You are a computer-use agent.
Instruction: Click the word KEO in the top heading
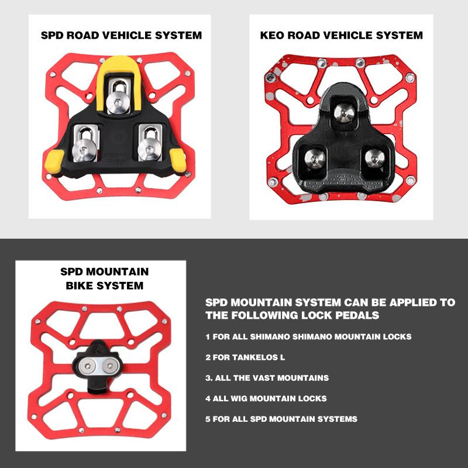[272, 35]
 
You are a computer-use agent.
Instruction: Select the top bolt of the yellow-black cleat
[118, 103]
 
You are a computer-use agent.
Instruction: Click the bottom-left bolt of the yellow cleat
[84, 150]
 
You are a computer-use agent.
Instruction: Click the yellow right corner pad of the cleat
[178, 160]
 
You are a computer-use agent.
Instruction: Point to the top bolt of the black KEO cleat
[344, 113]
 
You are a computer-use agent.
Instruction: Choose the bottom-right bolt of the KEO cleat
[375, 158]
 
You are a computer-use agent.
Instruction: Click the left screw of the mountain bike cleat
[88, 366]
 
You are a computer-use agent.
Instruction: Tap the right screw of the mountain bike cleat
[110, 366]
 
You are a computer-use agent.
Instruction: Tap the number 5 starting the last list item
[208, 419]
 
